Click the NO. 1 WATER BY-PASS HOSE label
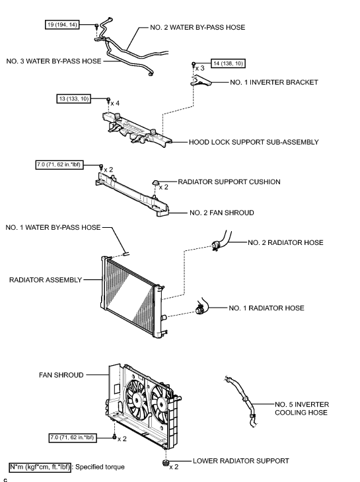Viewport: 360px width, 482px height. point(53,227)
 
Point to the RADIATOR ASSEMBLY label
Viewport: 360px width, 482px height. point(44,279)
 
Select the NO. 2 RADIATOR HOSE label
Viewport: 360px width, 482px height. point(285,242)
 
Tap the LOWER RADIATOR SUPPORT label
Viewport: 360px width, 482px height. point(241,460)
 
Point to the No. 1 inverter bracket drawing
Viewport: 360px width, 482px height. point(201,81)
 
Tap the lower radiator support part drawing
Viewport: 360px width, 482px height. point(163,460)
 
